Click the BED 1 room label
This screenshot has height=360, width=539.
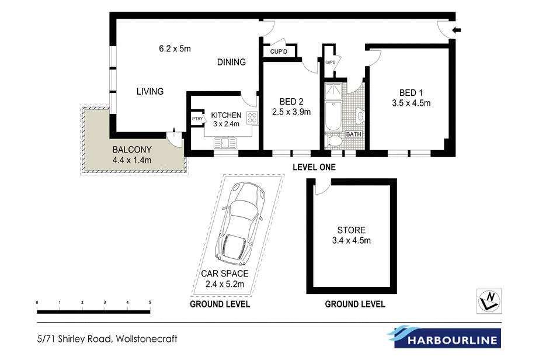click(408, 93)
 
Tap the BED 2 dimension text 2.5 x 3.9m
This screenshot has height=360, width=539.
click(291, 112)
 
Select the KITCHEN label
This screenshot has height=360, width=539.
click(226, 115)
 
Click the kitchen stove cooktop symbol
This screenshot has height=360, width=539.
click(252, 119)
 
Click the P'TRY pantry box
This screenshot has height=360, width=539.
click(197, 119)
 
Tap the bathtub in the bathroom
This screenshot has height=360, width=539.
click(332, 116)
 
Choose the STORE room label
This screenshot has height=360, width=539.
click(351, 230)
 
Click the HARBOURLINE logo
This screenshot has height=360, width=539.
click(443, 338)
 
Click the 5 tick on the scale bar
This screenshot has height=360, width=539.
click(150, 302)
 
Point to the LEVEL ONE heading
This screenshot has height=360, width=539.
click(314, 167)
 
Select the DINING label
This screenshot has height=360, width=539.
click(231, 62)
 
